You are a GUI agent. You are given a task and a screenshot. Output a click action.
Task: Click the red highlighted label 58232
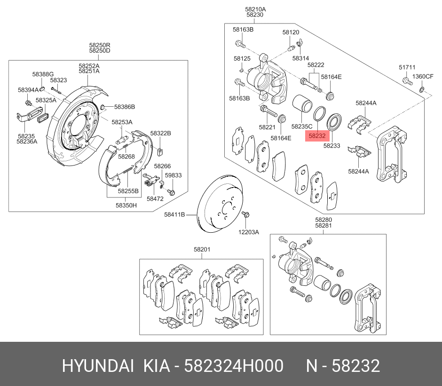coord(317,136)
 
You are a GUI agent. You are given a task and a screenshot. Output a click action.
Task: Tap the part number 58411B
coord(174,214)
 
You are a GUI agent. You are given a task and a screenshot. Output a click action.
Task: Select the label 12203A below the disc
coord(248,232)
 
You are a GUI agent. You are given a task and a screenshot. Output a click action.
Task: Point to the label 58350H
coord(126,205)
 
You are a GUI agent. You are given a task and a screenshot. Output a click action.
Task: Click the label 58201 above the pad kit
coord(202,250)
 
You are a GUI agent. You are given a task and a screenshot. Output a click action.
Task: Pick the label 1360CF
coord(422,77)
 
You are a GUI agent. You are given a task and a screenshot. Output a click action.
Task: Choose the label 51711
coord(407,68)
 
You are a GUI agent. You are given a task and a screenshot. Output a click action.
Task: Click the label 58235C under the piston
coord(302,126)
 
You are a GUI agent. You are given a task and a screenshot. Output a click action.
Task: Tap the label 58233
coord(331,146)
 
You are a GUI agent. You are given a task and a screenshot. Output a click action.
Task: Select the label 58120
coord(291,32)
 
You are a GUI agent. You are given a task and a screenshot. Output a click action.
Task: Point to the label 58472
coord(155,199)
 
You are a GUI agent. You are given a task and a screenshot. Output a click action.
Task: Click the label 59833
coord(173,175)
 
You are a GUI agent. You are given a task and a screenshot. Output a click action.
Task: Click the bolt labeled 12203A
coord(245,215)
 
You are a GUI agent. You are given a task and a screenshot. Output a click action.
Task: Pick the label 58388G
coord(43,74)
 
